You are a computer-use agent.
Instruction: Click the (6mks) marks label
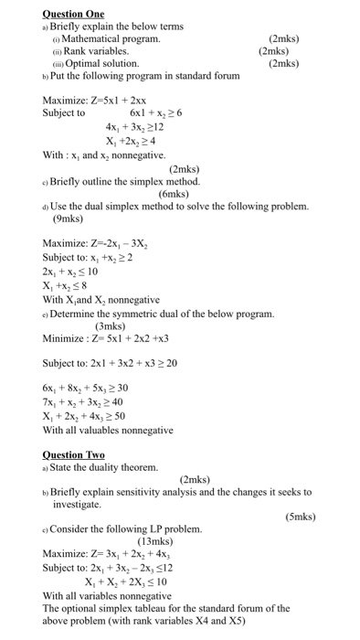click(173, 194)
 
